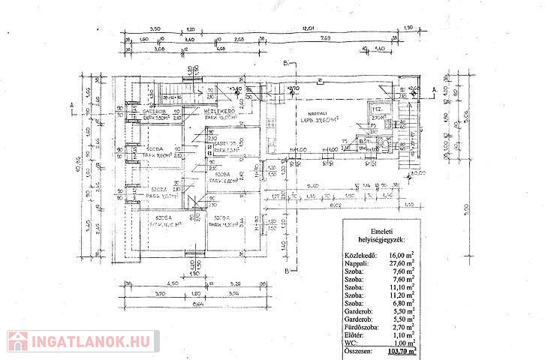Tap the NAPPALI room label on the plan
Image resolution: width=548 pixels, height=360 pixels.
[309, 114]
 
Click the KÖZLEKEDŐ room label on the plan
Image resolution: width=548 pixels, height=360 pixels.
[217, 110]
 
